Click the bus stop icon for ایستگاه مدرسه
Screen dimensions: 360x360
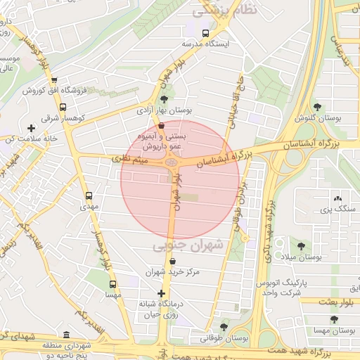(x=205, y=33)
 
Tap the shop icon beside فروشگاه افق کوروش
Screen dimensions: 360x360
(x=54, y=79)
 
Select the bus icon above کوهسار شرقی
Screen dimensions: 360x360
(x=63, y=108)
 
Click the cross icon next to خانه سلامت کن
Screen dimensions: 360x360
(x=31, y=128)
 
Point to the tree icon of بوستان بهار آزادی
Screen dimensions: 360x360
(x=164, y=99)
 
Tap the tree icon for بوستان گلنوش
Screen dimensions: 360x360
(x=318, y=107)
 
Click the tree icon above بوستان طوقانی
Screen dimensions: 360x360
(x=224, y=327)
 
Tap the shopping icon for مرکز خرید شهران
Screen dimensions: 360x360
(x=172, y=261)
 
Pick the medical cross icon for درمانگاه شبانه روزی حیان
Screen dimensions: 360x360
(x=162, y=293)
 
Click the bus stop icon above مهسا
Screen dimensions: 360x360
(x=112, y=285)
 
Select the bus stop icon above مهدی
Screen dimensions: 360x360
(x=89, y=196)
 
